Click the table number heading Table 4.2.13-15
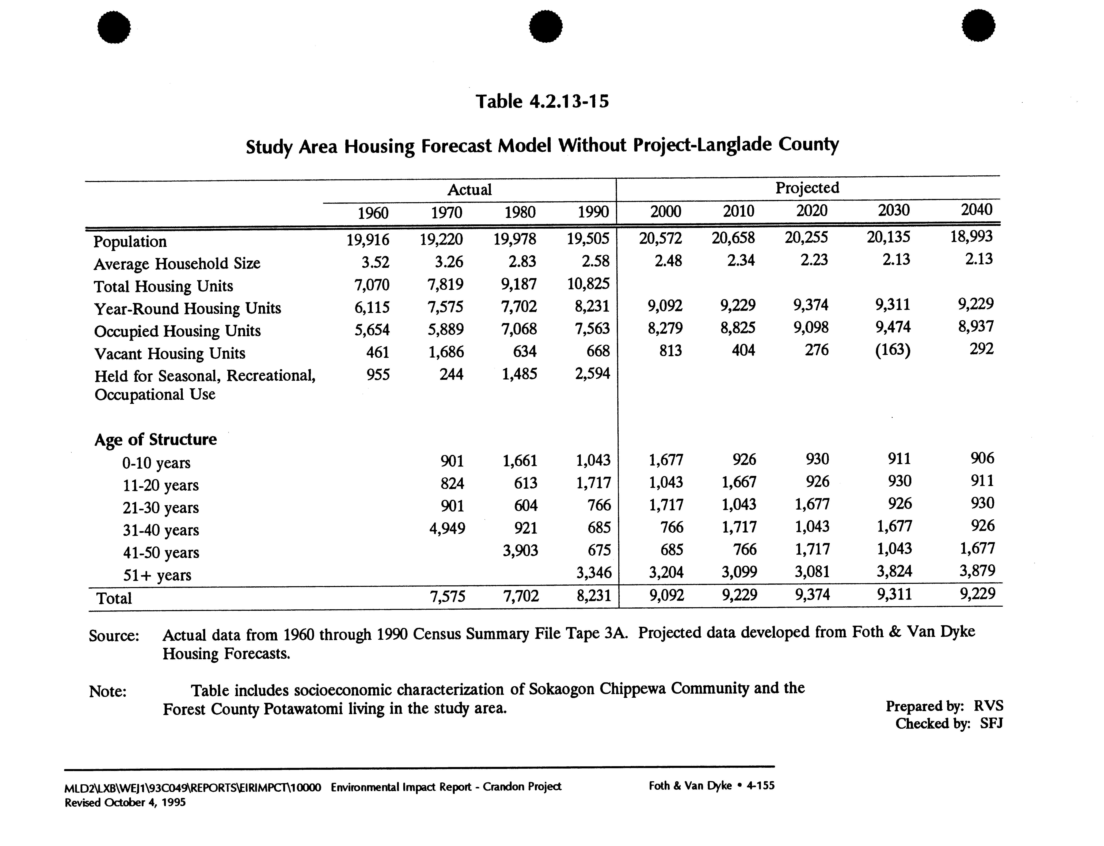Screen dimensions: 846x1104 tap(542, 102)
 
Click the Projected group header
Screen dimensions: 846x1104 tap(807, 188)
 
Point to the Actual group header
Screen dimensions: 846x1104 tap(469, 190)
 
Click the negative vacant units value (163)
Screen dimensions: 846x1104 tap(893, 349)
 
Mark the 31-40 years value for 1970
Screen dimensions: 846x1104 tap(447, 528)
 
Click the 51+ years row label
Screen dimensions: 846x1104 tap(157, 575)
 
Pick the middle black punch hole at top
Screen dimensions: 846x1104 tap(546, 26)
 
